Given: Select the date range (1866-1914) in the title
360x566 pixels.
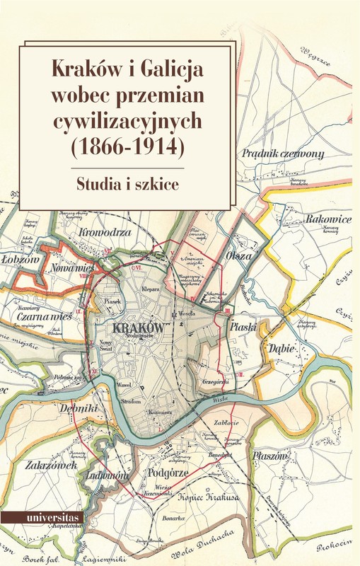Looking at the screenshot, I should pos(126,147).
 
